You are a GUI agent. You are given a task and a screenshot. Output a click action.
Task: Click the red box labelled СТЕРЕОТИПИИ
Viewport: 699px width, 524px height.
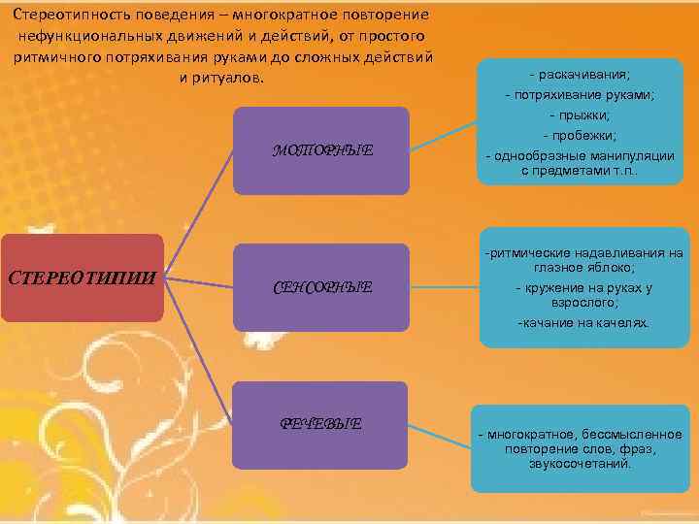pyautogui.click(x=82, y=278)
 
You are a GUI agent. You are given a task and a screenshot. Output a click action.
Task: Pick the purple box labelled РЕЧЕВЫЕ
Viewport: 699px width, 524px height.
pyautogui.click(x=321, y=423)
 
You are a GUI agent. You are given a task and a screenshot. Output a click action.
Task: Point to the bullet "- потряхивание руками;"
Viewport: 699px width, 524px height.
pyautogui.click(x=580, y=95)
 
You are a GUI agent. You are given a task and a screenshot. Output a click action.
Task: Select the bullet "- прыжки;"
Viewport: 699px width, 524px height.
pyautogui.click(x=580, y=115)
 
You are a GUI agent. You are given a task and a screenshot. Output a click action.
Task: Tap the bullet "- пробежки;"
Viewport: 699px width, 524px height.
pyautogui.click(x=580, y=135)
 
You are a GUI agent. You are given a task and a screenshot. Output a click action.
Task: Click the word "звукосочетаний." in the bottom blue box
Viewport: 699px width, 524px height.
pyautogui.click(x=581, y=463)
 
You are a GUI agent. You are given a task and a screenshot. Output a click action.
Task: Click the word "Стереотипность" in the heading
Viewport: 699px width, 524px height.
pyautogui.click(x=65, y=16)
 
